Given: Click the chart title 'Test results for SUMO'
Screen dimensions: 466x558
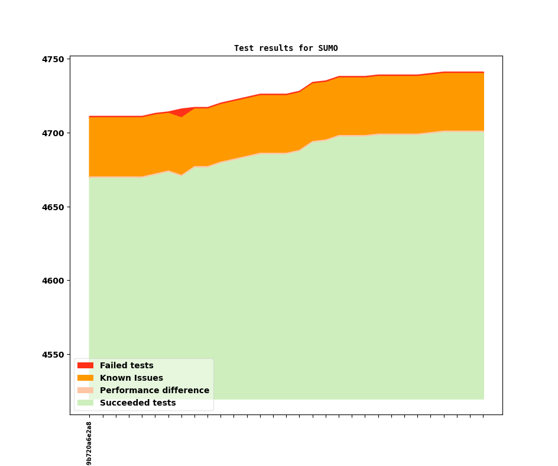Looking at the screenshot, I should pos(286,48).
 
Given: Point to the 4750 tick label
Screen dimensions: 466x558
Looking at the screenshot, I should pos(53,59).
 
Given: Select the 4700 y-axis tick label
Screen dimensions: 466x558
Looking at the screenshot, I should pos(53,133).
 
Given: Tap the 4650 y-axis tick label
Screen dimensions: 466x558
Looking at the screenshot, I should pos(53,207).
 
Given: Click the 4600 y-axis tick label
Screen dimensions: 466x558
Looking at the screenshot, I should pos(53,281).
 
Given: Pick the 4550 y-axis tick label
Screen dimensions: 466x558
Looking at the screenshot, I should pos(53,355).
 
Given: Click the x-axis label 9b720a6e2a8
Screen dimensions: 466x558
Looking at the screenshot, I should pos(89,443).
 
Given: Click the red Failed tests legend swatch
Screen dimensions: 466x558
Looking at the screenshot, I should pos(85,365).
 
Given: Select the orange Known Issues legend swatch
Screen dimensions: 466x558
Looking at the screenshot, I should pos(85,378).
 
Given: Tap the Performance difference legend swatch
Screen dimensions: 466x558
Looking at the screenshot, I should pos(85,390).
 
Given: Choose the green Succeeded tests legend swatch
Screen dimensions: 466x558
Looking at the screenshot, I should pos(85,403).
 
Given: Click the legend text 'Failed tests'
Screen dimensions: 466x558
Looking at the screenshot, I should pos(126,365).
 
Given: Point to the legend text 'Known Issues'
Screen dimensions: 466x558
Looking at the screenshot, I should pos(131,378).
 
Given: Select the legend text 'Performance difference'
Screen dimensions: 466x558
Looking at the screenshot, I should pos(154,390).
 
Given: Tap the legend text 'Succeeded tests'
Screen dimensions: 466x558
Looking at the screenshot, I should pos(138,403).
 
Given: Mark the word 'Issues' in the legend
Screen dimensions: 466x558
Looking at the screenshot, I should pos(148,378).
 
